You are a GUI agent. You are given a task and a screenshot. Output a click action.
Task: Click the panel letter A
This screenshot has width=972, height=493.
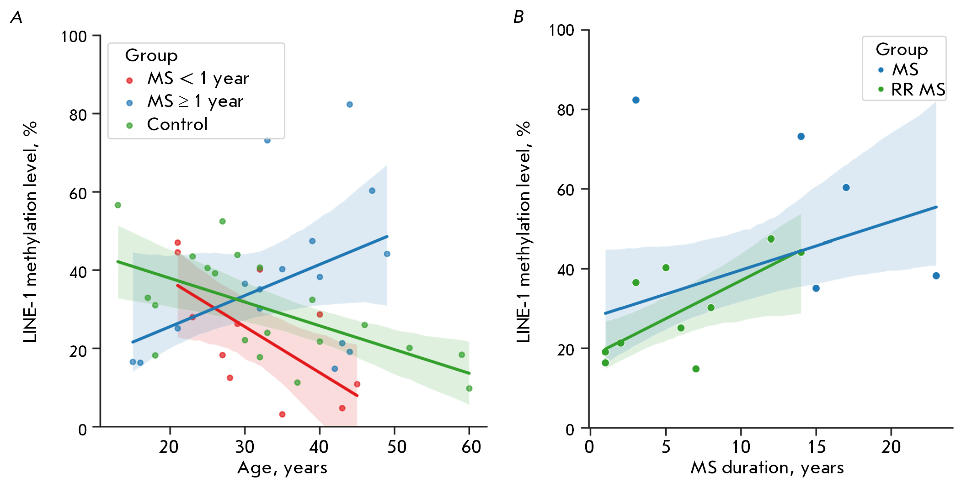(x=16, y=17)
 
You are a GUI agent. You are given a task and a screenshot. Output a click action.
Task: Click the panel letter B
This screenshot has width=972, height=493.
(x=518, y=17)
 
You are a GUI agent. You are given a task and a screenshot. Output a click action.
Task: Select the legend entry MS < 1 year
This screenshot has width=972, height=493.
(x=198, y=79)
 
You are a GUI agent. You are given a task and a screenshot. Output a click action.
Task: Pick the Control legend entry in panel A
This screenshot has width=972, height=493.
(x=177, y=124)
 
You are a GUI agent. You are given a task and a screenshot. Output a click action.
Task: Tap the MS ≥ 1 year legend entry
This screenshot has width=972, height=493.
(x=195, y=101)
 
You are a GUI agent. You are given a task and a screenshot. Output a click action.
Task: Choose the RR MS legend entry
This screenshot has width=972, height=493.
(x=918, y=90)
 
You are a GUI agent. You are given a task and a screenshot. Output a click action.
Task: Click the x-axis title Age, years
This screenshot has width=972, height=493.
(x=282, y=468)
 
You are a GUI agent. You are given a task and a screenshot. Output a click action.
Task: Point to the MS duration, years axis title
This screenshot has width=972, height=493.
(x=767, y=468)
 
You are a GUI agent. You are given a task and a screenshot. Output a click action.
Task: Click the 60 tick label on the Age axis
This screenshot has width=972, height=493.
(x=471, y=446)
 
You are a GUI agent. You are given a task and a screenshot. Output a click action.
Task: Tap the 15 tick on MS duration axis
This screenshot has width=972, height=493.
(x=817, y=446)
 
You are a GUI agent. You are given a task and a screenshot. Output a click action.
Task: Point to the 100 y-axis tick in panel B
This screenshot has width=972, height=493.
(x=561, y=30)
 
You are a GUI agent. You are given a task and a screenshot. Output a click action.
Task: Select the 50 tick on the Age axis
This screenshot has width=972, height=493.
(x=396, y=446)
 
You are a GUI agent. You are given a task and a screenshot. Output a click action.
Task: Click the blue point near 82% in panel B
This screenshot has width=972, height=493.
(x=636, y=100)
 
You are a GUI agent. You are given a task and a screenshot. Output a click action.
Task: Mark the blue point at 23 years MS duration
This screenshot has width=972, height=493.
(x=936, y=276)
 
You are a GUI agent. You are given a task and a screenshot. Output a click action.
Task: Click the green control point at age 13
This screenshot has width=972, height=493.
(x=117, y=205)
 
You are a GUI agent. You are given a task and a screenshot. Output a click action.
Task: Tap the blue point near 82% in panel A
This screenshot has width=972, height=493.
(x=349, y=105)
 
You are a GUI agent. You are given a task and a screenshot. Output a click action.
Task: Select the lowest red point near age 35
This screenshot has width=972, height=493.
(x=282, y=414)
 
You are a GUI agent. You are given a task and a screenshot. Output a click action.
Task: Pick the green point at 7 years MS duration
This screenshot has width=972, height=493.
(x=696, y=369)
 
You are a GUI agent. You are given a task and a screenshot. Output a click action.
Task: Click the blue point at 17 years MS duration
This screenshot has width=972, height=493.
(x=846, y=188)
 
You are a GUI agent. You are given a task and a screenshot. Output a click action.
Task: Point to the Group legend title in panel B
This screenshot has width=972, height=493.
(x=901, y=49)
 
